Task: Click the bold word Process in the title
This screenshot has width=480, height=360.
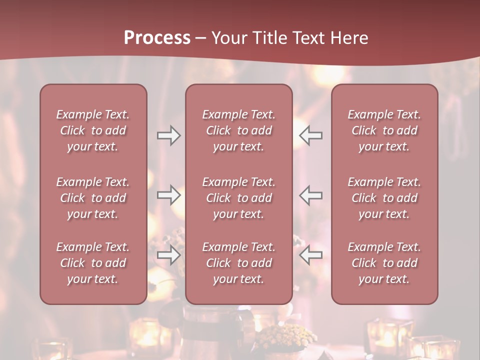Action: [157, 38]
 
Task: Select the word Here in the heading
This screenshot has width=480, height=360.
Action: [348, 38]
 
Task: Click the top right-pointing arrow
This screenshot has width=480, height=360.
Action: [168, 135]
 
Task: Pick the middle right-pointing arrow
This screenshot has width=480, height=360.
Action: [168, 195]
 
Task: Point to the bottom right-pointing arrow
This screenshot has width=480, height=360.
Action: [168, 255]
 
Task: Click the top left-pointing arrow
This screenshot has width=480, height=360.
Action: [310, 135]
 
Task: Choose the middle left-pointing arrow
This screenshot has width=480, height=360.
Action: [310, 195]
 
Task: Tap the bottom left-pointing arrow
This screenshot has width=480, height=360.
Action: [310, 255]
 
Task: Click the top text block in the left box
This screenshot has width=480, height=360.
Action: [93, 130]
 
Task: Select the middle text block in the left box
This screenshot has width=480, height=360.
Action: [93, 198]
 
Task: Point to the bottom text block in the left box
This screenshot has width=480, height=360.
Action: [93, 263]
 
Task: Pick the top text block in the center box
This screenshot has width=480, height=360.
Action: [238, 130]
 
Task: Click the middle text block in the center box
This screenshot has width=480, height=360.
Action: [238, 198]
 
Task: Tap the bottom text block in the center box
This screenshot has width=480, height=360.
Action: [238, 263]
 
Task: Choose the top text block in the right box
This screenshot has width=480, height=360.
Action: [384, 130]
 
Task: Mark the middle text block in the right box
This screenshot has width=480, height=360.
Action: [384, 198]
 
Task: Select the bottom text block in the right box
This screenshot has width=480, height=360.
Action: [384, 263]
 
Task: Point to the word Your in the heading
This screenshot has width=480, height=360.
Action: [229, 38]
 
